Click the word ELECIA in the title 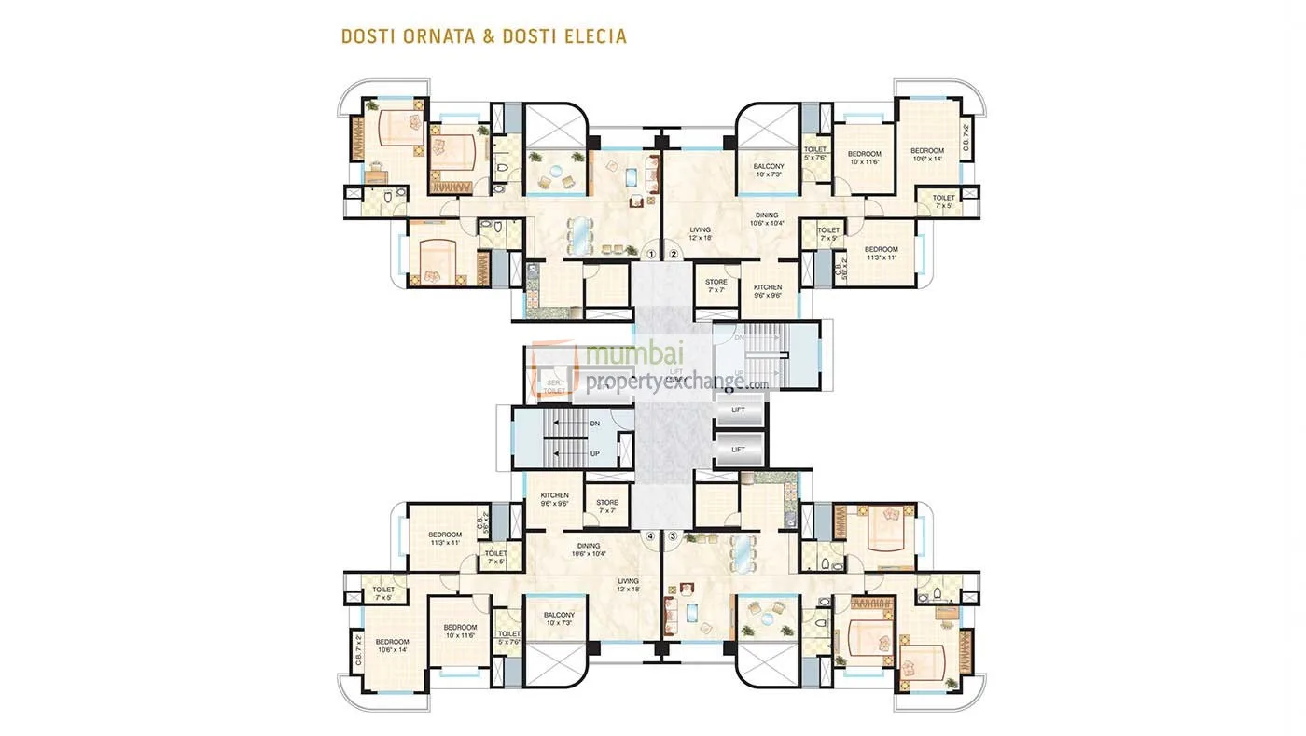pyautogui.click(x=591, y=37)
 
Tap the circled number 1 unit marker pyautogui.click(x=652, y=253)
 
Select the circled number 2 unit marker pyautogui.click(x=673, y=253)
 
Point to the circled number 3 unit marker pyautogui.click(x=673, y=536)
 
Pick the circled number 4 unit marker pyautogui.click(x=652, y=536)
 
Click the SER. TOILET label pyautogui.click(x=553, y=386)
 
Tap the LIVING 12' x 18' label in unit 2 pyautogui.click(x=701, y=233)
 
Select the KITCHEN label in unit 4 pyautogui.click(x=554, y=500)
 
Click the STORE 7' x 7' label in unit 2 pyautogui.click(x=716, y=285)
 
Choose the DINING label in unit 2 pyautogui.click(x=768, y=219)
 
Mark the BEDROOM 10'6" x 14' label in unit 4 pyautogui.click(x=392, y=646)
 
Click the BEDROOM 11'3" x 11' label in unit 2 pyautogui.click(x=881, y=253)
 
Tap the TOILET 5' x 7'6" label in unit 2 pyautogui.click(x=815, y=153)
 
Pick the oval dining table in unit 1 pyautogui.click(x=579, y=229)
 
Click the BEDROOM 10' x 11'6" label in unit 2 pyautogui.click(x=864, y=158)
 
